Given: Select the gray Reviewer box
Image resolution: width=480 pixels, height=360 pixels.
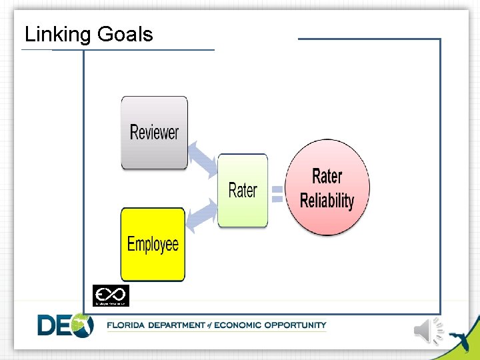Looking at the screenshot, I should tap(154, 133).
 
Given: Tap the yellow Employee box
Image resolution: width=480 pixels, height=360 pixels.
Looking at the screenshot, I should tap(153, 244).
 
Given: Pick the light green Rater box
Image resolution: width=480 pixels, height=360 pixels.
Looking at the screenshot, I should tap(243, 191).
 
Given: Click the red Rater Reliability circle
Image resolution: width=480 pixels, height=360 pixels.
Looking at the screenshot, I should tap(327, 187).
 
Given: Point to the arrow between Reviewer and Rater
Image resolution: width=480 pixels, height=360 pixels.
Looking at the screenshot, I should tap(201, 159).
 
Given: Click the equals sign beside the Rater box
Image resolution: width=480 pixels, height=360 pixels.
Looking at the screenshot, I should tap(277, 193).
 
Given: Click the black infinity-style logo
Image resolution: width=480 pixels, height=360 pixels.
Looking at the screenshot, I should tap(111, 295).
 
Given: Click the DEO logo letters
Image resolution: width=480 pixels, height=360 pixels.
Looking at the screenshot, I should tap(65, 325).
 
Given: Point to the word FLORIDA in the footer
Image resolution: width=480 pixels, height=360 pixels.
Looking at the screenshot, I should tap(129, 325).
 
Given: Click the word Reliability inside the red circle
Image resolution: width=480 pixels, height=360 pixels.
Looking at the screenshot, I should tap(327, 201).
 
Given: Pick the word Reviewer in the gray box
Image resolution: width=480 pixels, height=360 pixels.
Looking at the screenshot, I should tap(154, 133).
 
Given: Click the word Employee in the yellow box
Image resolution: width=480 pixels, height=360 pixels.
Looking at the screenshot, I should tap(153, 244).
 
